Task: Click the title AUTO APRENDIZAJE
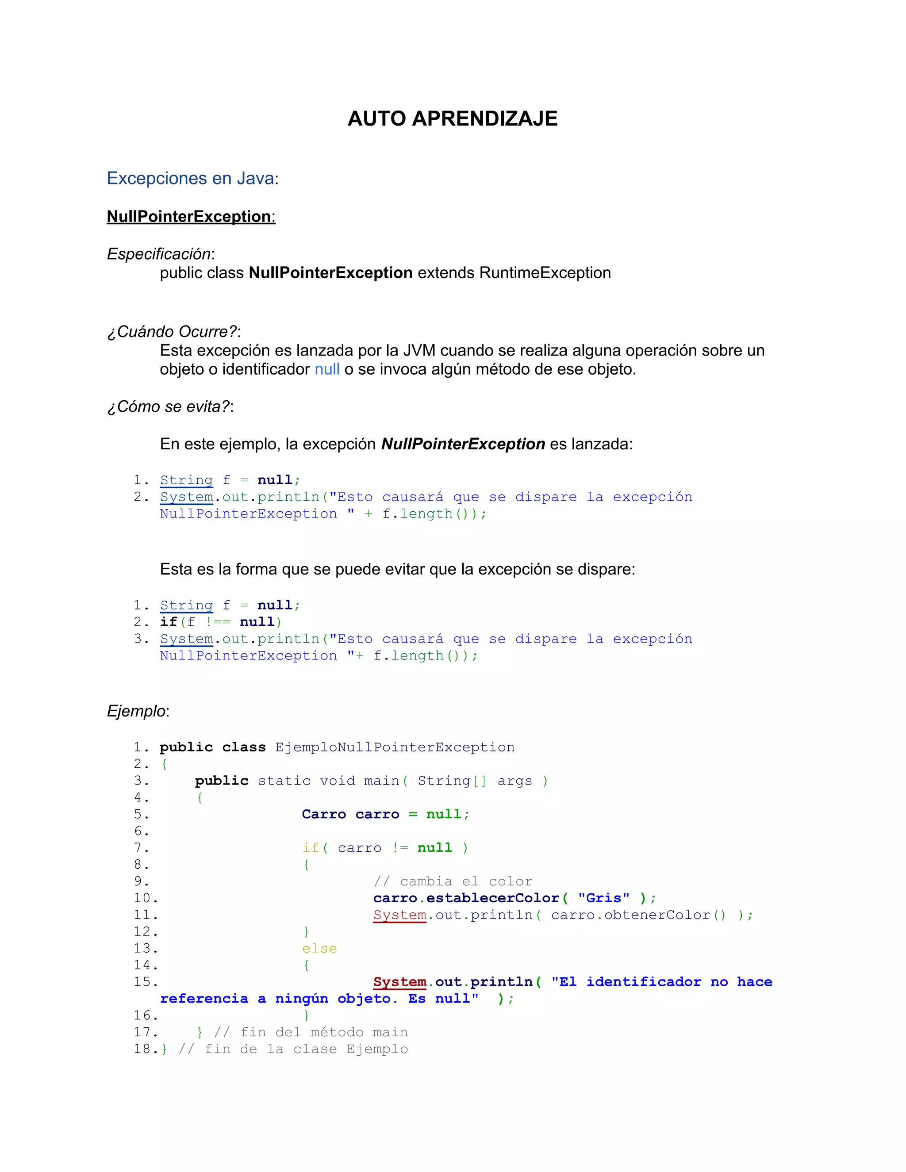coord(453,119)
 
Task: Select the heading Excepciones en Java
coord(191,178)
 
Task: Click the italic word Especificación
coord(159,253)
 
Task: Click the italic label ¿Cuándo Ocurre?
coord(172,331)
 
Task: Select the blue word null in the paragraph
coord(327,369)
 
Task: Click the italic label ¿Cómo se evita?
coord(169,406)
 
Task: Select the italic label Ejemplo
coord(136,711)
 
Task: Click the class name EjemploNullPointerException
coord(395,747)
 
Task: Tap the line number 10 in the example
coord(145,898)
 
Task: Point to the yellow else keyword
coord(319,948)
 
